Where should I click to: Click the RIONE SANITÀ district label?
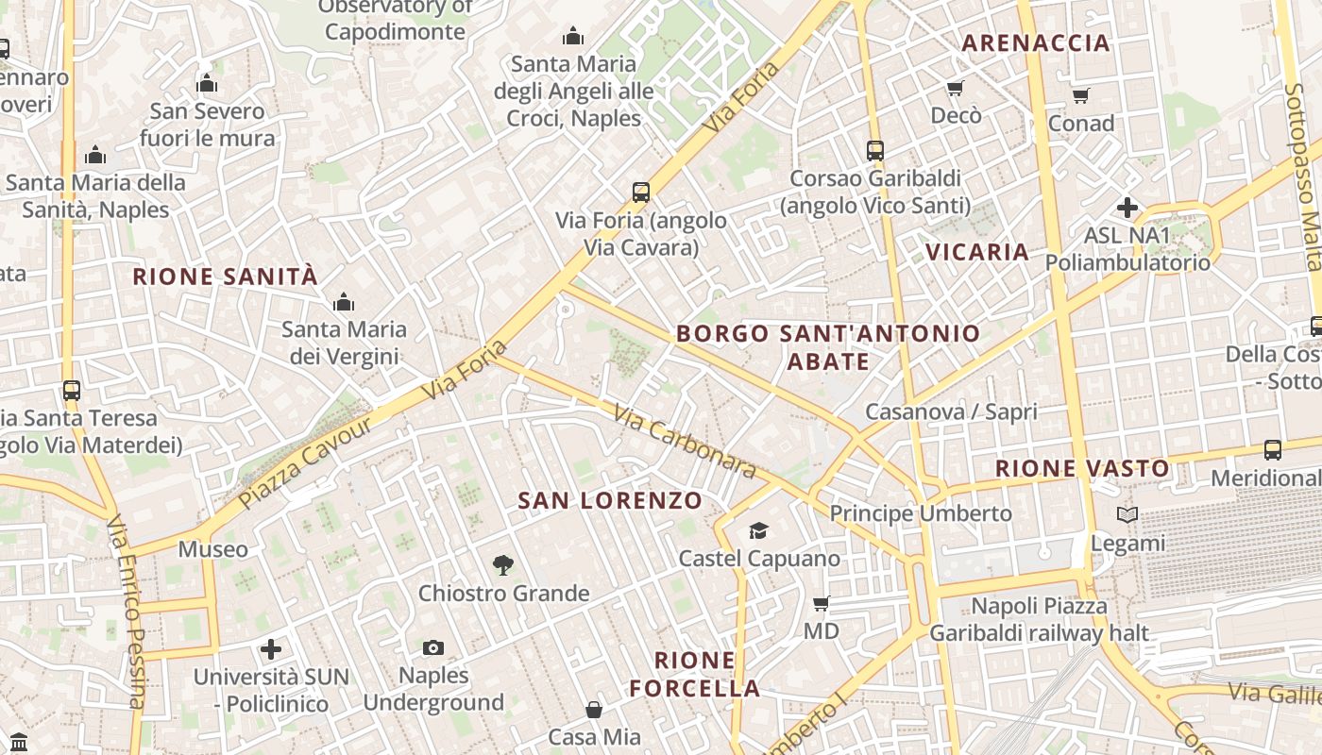226,277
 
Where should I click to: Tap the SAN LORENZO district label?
610,500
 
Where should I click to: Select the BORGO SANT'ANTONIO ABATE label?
828,346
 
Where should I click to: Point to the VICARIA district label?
977,251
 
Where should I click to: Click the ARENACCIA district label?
1036,42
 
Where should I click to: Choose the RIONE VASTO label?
1082,468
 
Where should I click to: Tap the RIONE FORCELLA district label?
695,674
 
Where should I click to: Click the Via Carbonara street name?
685,441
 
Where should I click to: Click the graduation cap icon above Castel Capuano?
758,530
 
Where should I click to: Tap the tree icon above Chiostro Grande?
503,565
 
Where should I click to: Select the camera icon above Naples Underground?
433,647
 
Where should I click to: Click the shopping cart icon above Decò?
956,88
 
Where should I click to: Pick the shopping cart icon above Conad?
1081,95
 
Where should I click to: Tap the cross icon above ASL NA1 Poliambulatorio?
1127,208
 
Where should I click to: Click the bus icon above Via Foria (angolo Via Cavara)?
641,193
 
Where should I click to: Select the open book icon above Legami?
1127,514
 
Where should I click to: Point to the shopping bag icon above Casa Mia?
594,709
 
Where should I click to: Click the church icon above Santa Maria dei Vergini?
344,302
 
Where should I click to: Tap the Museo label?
213,549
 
